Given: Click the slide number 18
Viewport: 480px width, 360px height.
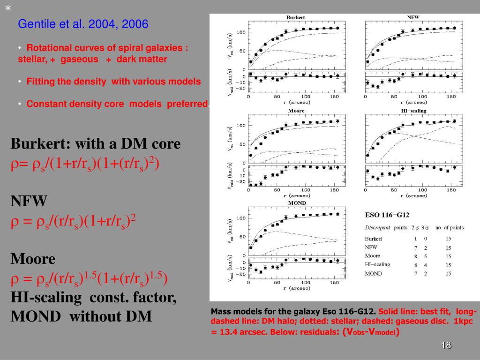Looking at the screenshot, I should coord(445,346).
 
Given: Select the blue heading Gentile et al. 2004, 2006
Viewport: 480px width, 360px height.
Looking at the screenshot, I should coord(83,24).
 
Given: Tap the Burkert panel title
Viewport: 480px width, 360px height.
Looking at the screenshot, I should coord(296,17).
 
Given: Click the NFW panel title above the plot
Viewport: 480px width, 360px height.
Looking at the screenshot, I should coord(413,17).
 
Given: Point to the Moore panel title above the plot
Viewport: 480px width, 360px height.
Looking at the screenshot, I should coord(296,111).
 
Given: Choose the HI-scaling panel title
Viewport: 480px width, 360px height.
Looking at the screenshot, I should coord(413,111).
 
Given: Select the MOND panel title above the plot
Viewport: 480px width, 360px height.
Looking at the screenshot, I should coord(296,203).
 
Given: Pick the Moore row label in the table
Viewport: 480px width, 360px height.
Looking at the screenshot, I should coord(373,256).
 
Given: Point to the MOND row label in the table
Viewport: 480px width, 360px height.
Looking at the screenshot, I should coord(374,273).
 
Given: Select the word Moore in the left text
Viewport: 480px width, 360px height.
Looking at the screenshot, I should coord(33,259).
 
